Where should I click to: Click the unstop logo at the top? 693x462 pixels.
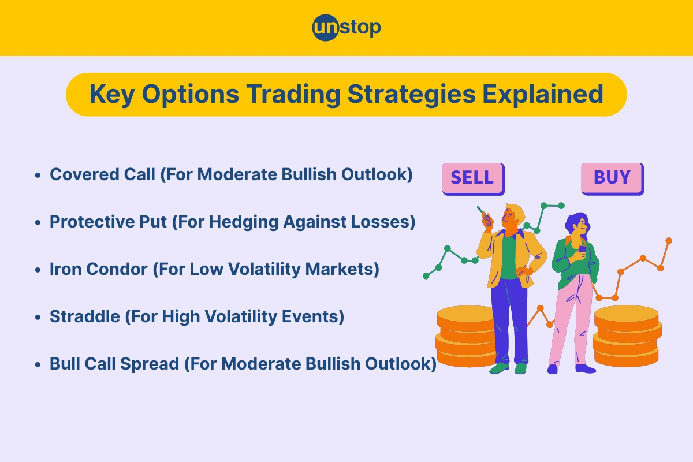click(x=346, y=28)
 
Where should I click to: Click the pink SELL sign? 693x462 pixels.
click(x=472, y=178)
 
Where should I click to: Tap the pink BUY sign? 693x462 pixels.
click(x=611, y=178)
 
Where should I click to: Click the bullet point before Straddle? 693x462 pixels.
click(x=38, y=317)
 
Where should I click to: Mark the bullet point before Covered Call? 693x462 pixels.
click(x=38, y=175)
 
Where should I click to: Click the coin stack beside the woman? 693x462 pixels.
click(x=627, y=335)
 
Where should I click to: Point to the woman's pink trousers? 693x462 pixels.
click(x=569, y=323)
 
